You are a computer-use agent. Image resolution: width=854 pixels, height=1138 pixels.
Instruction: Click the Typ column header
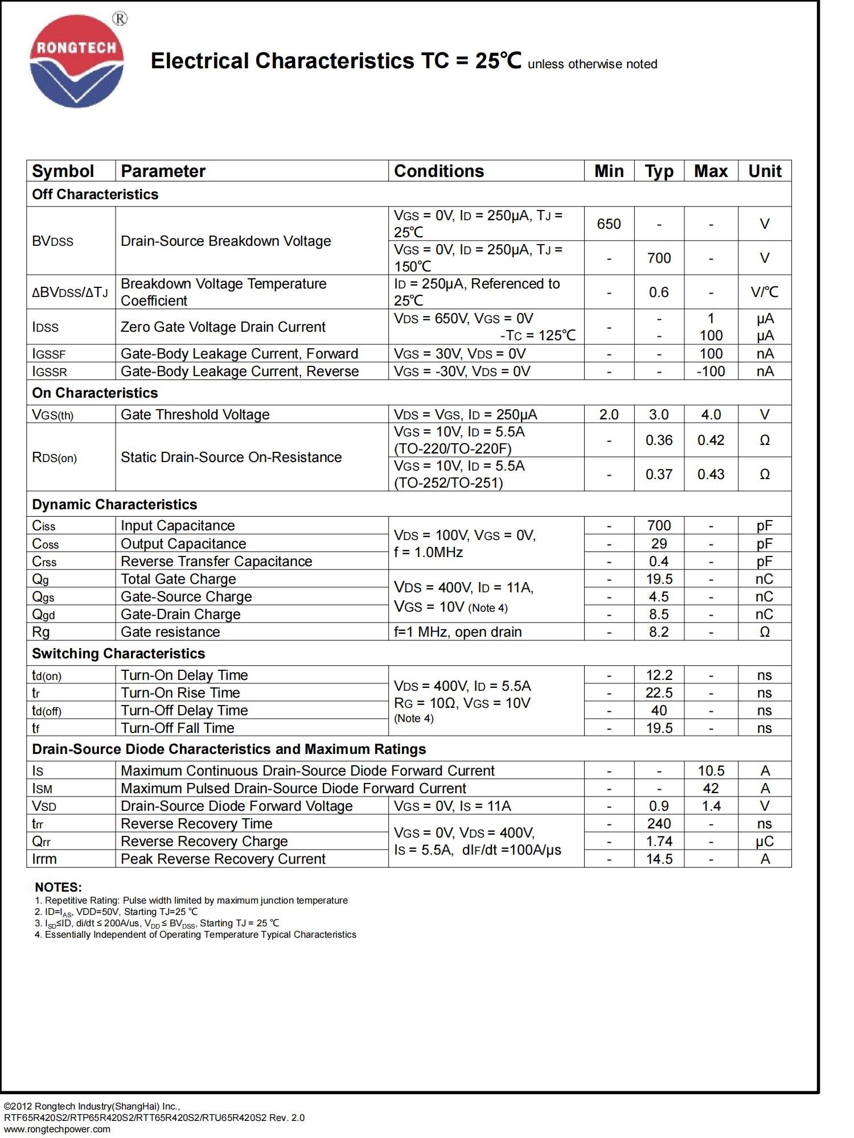(659, 171)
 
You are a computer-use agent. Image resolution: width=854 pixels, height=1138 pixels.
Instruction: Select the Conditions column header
(438, 171)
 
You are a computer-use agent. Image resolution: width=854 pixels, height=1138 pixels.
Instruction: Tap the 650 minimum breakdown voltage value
(609, 224)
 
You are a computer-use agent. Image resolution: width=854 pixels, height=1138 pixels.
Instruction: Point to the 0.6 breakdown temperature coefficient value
(659, 292)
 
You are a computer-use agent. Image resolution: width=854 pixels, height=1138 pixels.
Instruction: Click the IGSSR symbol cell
(50, 372)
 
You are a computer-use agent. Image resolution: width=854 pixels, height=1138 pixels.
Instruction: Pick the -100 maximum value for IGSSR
(711, 372)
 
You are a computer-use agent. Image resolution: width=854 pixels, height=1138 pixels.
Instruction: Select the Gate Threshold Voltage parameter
(195, 415)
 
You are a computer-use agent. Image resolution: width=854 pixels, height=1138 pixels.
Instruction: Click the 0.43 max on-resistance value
(711, 475)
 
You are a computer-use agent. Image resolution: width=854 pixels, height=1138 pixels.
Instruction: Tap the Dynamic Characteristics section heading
(114, 505)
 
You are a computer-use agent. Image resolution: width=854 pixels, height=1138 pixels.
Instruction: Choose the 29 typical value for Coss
(659, 544)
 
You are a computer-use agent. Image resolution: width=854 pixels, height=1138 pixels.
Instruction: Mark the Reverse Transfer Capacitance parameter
(216, 562)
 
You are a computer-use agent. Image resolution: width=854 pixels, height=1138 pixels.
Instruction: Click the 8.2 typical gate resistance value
(659, 632)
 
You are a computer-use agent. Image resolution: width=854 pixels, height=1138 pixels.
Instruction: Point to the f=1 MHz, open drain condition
(458, 632)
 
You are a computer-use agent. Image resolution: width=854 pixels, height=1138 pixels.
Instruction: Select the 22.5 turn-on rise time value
(659, 693)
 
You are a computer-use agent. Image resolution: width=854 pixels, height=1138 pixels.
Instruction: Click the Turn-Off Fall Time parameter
(177, 728)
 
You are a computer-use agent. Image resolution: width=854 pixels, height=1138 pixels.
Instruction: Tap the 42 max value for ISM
(711, 789)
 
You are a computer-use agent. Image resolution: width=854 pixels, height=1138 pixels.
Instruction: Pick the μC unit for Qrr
(765, 842)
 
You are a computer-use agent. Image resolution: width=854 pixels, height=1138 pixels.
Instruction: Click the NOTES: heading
(58, 887)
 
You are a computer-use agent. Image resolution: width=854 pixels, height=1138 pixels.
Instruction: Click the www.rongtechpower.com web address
(57, 1129)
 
